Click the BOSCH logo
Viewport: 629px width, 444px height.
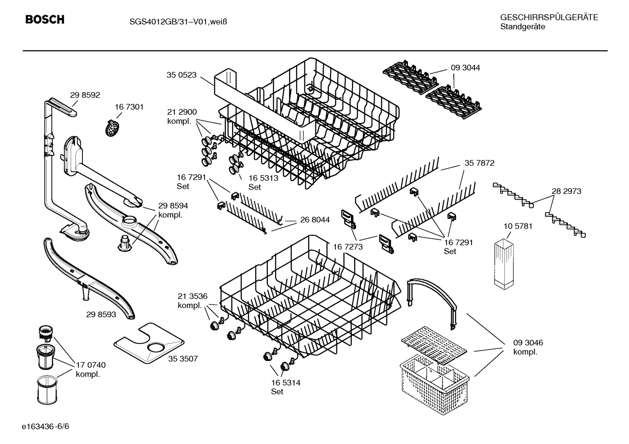point(45,20)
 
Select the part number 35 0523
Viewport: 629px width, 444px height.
point(181,75)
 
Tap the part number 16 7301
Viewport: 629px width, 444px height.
point(129,107)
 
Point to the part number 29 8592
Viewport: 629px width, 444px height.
point(85,95)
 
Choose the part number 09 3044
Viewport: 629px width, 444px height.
point(465,68)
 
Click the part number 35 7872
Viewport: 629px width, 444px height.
point(479,163)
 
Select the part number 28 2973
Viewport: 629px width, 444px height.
point(566,191)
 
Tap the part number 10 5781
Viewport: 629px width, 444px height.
point(518,226)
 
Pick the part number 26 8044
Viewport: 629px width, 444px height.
point(315,220)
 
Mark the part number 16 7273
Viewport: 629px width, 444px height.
point(348,247)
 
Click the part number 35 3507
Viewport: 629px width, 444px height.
point(183,359)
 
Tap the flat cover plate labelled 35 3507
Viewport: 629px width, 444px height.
point(148,344)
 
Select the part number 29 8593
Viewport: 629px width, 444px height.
point(101,314)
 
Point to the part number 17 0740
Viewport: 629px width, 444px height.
point(90,365)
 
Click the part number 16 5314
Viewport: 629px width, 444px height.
point(285,383)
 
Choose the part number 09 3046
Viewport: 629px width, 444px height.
point(528,342)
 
